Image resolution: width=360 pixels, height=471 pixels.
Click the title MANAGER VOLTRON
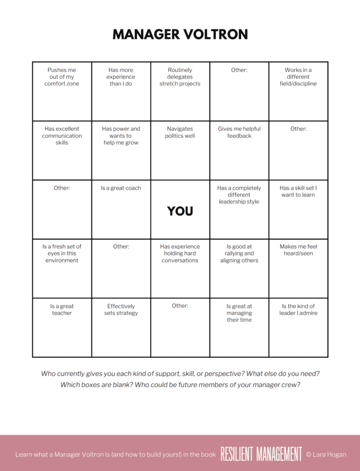pyautogui.click(x=180, y=35)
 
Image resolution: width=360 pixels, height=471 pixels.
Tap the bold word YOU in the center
pyautogui.click(x=180, y=211)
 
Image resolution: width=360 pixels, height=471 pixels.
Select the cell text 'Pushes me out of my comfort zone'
pyautogui.click(x=62, y=77)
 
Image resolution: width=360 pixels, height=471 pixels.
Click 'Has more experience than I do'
pyautogui.click(x=121, y=77)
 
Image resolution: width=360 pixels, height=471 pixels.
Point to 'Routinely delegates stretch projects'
pyautogui.click(x=180, y=77)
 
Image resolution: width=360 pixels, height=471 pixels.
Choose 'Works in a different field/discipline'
pyautogui.click(x=298, y=77)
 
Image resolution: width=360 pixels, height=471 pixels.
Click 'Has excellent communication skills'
pyautogui.click(x=62, y=135)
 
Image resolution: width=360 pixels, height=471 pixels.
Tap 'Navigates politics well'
pyautogui.click(x=180, y=132)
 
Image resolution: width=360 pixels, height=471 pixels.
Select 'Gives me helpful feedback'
pyautogui.click(x=239, y=132)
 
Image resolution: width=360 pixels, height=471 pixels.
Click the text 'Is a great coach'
pyautogui.click(x=121, y=188)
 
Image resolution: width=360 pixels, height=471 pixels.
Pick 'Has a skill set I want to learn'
pyautogui.click(x=298, y=191)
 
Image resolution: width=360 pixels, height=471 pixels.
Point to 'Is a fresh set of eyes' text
pyautogui.click(x=62, y=253)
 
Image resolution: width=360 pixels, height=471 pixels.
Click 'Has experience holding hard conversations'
pyautogui.click(x=180, y=253)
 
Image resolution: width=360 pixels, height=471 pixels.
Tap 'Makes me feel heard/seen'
pyautogui.click(x=298, y=250)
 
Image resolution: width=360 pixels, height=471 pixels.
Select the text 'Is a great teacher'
pyautogui.click(x=62, y=309)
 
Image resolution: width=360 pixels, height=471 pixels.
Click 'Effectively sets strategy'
pyautogui.click(x=121, y=309)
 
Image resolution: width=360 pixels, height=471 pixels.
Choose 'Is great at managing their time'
pyautogui.click(x=239, y=313)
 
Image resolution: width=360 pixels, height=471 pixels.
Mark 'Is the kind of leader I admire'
pyautogui.click(x=298, y=309)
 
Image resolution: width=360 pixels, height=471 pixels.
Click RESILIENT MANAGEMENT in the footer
pyautogui.click(x=262, y=454)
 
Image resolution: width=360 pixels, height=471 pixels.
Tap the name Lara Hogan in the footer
pyautogui.click(x=330, y=454)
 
